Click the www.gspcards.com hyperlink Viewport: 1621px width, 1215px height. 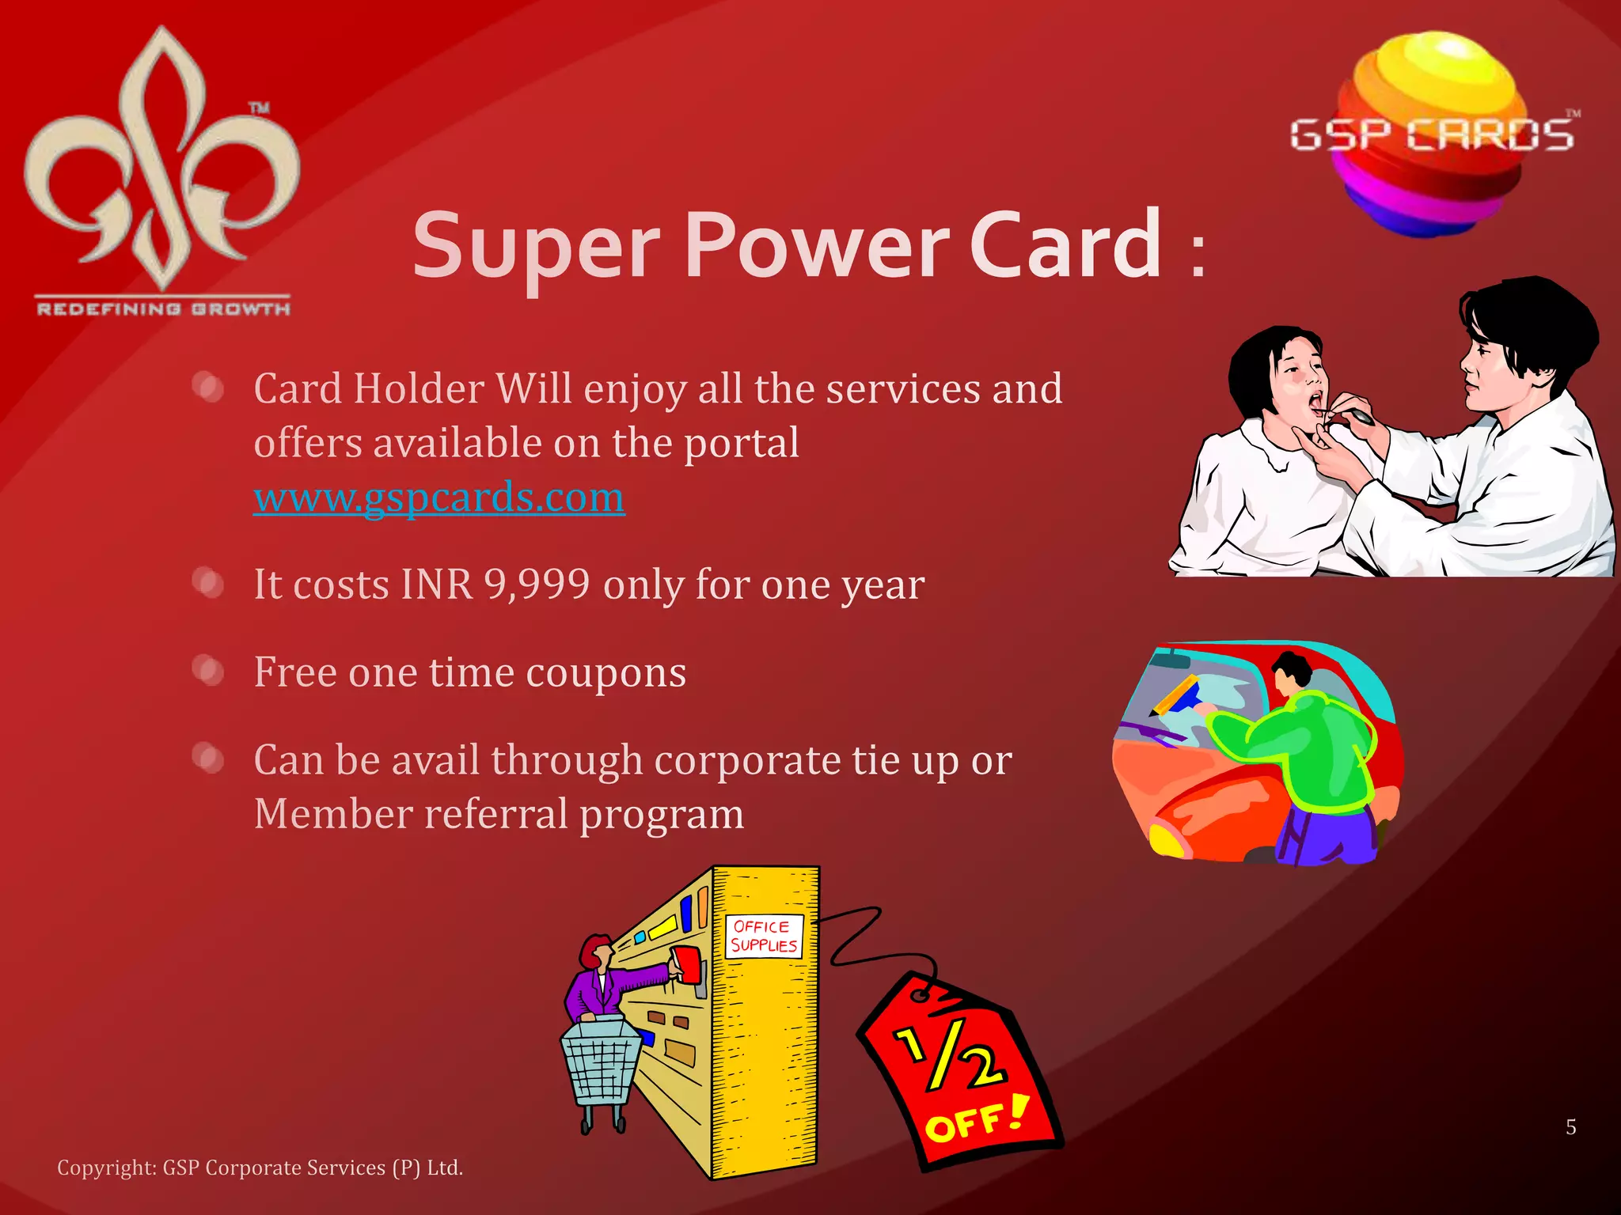[438, 498]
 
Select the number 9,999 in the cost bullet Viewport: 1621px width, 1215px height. [537, 585]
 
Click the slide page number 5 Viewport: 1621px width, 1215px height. [1570, 1127]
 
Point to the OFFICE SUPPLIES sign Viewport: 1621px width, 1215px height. [764, 937]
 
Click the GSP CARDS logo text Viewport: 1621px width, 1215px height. [1431, 135]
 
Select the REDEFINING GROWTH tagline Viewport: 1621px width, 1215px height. [163, 308]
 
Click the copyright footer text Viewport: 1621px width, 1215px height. [260, 1168]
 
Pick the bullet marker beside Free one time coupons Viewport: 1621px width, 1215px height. [208, 671]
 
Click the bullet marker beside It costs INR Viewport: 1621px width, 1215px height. [208, 584]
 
